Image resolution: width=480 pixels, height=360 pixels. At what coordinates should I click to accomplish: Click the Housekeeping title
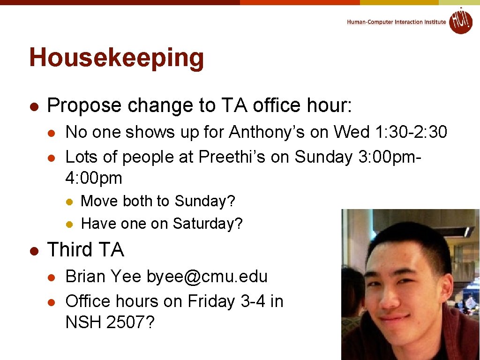point(116,58)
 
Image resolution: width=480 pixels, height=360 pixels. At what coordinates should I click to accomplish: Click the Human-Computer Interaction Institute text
point(396,22)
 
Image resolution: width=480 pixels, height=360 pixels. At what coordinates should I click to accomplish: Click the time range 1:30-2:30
point(412,132)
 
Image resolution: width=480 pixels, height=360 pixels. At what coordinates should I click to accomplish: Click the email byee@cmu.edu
point(207,277)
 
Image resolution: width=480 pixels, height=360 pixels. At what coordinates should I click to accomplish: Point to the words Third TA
point(85,250)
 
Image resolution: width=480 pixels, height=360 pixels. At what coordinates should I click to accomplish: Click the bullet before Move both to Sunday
point(68,202)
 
